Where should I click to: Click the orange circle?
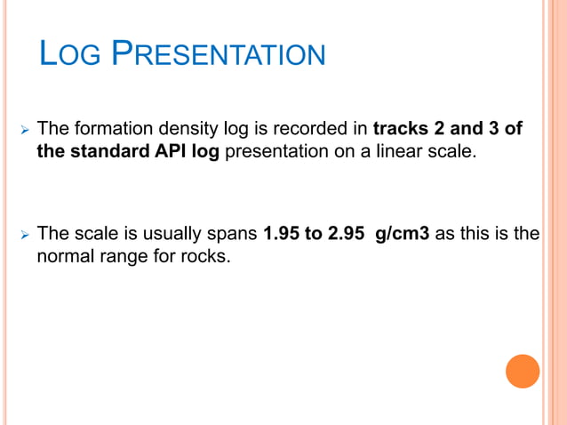point(523,371)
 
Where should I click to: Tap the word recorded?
point(312,130)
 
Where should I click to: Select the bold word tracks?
point(402,130)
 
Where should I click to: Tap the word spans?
point(232,236)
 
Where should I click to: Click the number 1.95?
point(282,235)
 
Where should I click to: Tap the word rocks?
point(207,257)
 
